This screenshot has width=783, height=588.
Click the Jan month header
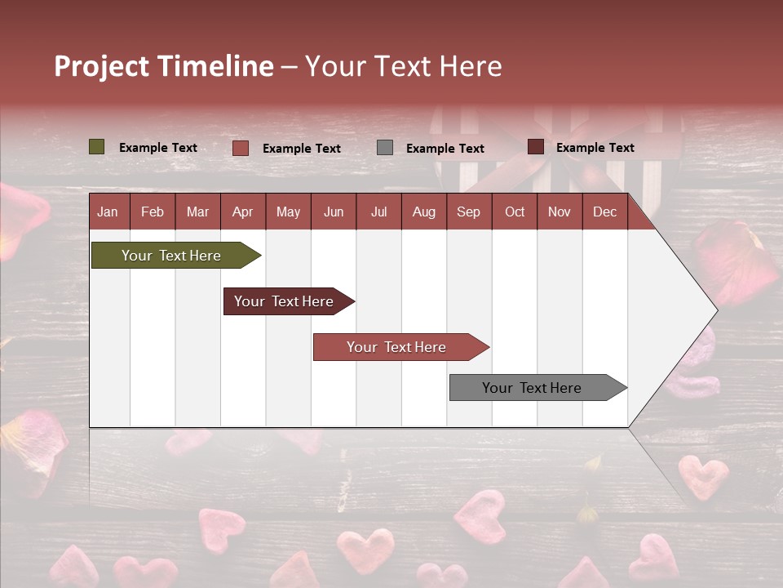(108, 212)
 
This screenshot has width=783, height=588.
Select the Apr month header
(242, 212)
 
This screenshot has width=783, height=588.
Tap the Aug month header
(423, 212)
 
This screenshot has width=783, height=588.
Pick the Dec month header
(604, 212)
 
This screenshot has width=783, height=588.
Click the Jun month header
(334, 212)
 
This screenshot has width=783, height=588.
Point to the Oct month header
(515, 212)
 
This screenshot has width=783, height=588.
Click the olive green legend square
(97, 147)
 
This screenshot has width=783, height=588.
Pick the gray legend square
(385, 147)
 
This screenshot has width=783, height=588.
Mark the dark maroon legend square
(536, 147)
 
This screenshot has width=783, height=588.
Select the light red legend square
(241, 148)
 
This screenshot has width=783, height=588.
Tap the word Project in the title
(101, 66)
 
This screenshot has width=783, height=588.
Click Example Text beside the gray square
(445, 148)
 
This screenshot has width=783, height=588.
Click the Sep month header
(468, 212)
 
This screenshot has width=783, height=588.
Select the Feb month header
(153, 212)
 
